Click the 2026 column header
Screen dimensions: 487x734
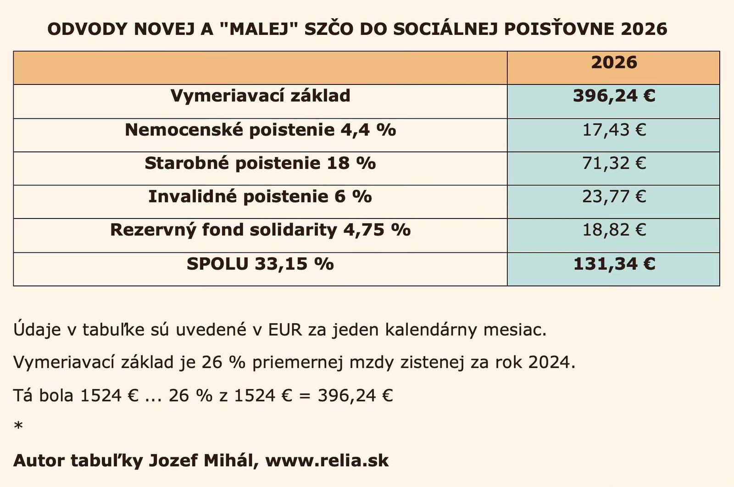point(614,62)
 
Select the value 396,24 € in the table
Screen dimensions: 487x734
point(614,96)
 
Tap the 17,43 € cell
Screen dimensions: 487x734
point(614,130)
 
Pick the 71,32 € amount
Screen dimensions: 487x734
point(614,163)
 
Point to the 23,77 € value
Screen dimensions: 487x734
point(614,197)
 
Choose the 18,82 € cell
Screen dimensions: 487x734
point(614,230)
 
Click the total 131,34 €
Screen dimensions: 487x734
point(614,264)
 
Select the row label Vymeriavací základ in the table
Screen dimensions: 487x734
point(260,96)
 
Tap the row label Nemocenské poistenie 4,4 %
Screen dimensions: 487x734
point(260,130)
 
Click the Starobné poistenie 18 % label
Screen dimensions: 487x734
point(260,163)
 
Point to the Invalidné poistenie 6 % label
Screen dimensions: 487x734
point(260,197)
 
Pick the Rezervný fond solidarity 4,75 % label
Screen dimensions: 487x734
point(260,230)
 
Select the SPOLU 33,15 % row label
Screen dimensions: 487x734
point(260,264)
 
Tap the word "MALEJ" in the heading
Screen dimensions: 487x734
point(259,29)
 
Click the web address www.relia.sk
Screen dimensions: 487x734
point(327,460)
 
